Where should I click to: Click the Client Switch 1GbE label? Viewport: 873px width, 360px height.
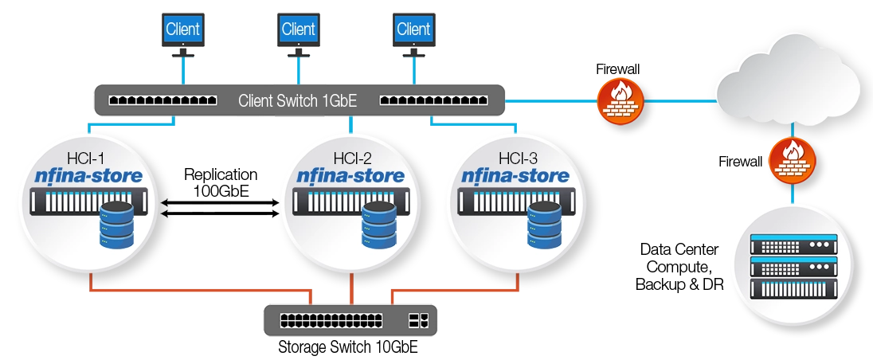tap(298, 101)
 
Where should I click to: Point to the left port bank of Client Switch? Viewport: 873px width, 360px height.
tap(163, 101)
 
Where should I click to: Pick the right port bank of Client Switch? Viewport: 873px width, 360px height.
tap(434, 101)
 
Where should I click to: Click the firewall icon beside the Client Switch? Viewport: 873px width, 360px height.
tap(619, 101)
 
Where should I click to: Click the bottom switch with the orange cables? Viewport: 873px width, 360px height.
tap(350, 321)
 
